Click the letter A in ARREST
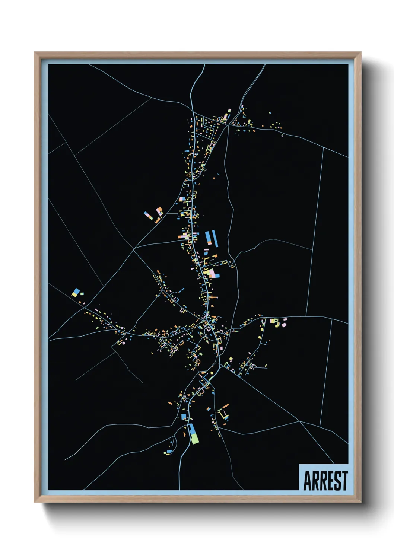[308, 481]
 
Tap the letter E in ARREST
[329, 481]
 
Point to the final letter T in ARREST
[344, 481]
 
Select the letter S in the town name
[337, 481]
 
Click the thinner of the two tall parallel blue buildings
[215, 238]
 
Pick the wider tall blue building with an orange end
[208, 238]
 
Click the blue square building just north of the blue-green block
[184, 416]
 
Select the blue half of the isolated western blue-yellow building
[77, 291]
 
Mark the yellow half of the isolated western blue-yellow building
[74, 294]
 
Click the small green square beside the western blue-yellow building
[82, 294]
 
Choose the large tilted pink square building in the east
[284, 325]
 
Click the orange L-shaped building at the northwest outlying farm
[158, 220]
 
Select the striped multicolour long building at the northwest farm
[148, 215]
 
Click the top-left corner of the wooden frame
[35, 52]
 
